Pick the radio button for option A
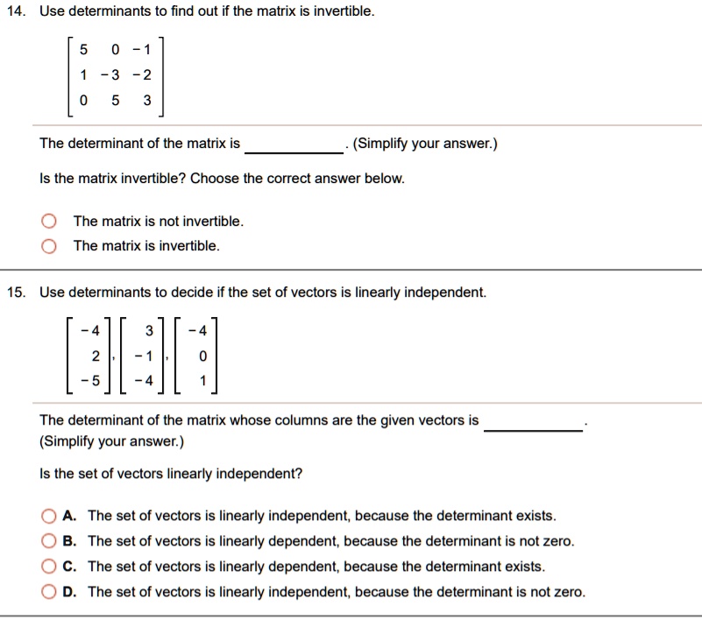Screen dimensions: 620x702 48,516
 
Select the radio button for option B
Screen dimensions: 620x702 48,541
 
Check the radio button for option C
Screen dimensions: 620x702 48,567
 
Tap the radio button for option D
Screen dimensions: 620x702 48,592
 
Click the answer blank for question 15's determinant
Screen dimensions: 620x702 533,422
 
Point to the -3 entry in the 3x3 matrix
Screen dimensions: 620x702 111,76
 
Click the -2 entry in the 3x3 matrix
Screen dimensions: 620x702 143,76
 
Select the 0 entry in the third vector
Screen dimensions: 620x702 202,356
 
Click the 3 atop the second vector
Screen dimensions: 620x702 150,331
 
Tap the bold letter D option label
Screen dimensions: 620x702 72,592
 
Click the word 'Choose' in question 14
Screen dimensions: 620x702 211,179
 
